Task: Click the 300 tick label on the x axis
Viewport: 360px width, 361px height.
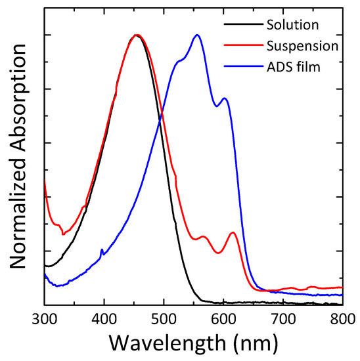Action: click(44, 318)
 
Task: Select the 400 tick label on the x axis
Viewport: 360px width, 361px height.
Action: click(104, 318)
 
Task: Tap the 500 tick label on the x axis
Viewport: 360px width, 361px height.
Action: click(164, 318)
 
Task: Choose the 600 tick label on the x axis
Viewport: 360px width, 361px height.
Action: click(223, 318)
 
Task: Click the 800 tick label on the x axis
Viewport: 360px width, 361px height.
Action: click(342, 318)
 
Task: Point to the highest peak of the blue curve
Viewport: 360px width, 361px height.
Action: click(197, 35)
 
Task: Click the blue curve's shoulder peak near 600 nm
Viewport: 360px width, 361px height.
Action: click(225, 98)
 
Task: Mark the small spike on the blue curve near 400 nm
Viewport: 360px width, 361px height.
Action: click(101, 250)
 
